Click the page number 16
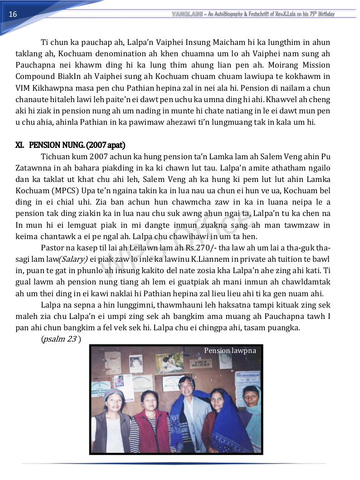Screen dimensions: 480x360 click(13, 14)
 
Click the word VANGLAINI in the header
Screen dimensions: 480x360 click(187, 14)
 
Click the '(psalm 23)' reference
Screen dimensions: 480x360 click(61, 339)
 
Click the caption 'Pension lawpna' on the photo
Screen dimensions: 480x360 click(230, 350)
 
